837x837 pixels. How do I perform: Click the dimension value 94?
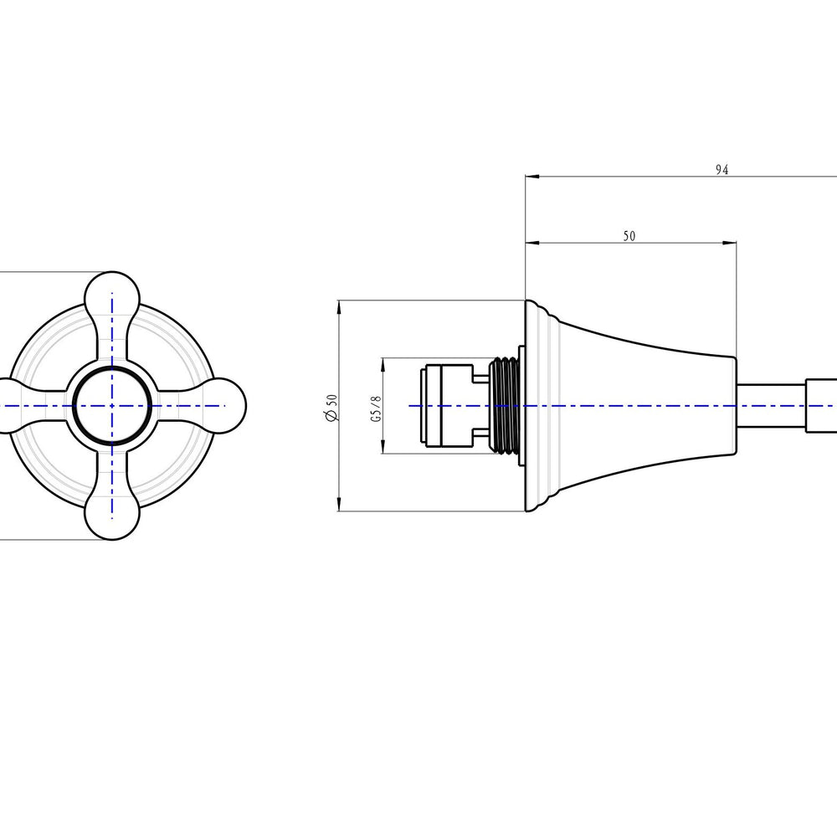click(721, 170)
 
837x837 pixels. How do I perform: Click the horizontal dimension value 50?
click(629, 236)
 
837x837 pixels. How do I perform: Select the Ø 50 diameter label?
click(331, 408)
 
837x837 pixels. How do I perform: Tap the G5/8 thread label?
click(377, 409)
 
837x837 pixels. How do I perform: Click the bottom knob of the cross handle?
click(112, 514)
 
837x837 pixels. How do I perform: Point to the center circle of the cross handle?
click(112, 406)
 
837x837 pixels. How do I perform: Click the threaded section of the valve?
click(505, 406)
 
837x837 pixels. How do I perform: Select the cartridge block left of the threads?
click(446, 406)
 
